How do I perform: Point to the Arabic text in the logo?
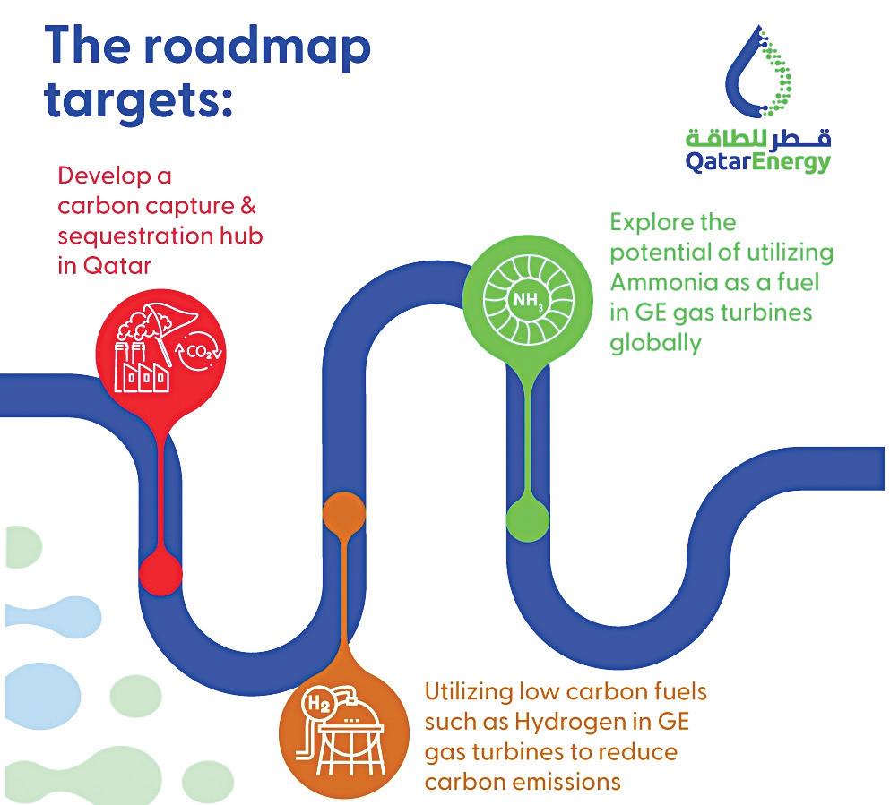pos(758,138)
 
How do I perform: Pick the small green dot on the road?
pos(528,517)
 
